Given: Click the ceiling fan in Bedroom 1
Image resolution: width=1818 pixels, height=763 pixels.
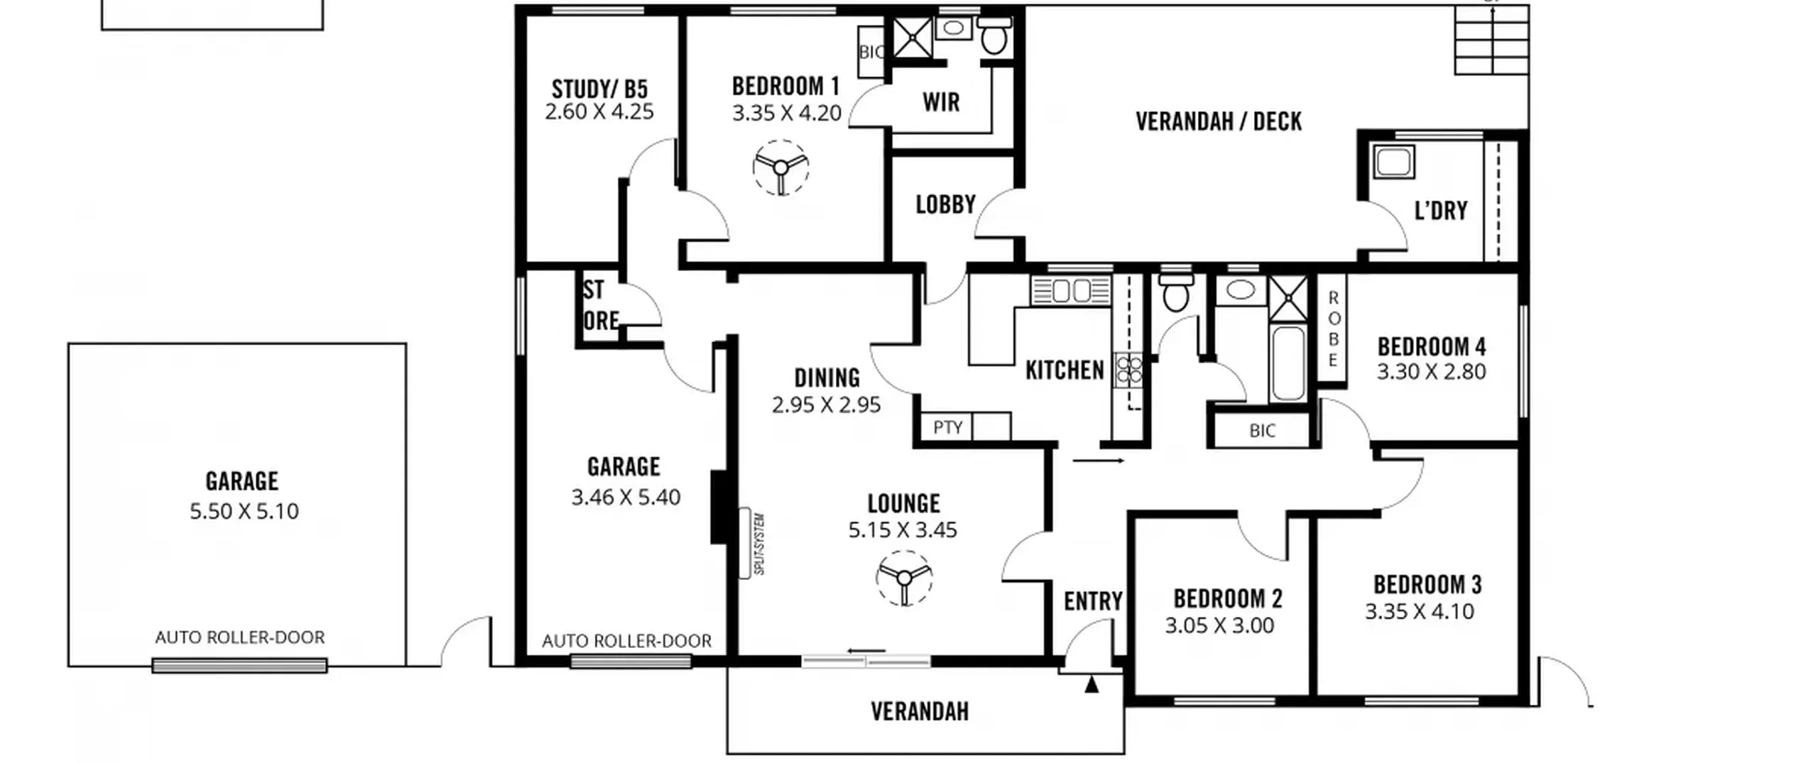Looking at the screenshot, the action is tap(780, 168).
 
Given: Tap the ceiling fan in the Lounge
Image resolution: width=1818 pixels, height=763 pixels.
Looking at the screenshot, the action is tap(904, 578).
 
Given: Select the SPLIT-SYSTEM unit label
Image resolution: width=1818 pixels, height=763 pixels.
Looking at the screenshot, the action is tap(758, 544).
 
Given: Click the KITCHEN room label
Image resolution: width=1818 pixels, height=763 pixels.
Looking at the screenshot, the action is tap(1065, 370).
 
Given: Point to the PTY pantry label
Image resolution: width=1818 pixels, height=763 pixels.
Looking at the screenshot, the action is tap(948, 427).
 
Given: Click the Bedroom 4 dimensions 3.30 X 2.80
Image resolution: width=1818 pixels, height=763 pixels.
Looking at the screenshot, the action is tap(1431, 372).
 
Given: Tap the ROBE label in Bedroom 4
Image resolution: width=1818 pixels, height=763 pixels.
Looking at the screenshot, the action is tap(1333, 329).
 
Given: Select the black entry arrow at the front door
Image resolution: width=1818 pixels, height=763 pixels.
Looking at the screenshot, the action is tap(1092, 684).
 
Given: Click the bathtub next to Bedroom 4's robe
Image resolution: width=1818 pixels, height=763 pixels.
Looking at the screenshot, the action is tap(1288, 363).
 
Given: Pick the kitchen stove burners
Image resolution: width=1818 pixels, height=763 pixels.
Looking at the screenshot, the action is tap(1128, 370).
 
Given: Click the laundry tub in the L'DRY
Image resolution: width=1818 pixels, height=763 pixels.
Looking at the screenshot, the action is tap(1393, 162).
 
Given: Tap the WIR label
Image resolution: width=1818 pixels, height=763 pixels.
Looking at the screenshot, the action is tap(941, 102).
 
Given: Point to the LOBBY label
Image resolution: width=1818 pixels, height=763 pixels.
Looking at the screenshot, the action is tap(945, 204).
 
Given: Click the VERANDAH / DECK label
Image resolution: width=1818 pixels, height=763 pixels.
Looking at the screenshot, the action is tap(1219, 121).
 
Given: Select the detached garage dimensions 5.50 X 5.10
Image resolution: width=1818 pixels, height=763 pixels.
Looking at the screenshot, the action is tap(244, 511).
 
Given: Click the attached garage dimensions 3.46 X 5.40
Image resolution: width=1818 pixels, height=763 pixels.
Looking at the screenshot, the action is tap(626, 497).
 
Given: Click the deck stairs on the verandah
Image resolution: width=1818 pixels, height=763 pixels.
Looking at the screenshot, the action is tap(1491, 40).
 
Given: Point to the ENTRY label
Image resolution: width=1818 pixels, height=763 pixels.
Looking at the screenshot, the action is tap(1093, 601).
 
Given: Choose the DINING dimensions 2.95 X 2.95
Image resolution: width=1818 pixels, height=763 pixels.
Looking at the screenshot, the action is tap(826, 405).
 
